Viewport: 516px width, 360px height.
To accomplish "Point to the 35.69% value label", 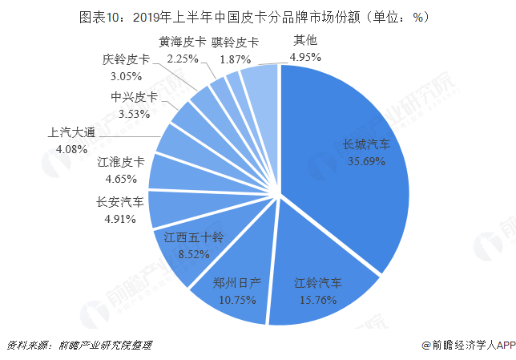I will (366, 160).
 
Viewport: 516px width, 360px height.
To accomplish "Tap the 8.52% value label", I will (193, 254).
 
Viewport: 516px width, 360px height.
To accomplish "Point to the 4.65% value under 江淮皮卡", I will (120, 178).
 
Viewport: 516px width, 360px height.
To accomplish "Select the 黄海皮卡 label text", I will (183, 42).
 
